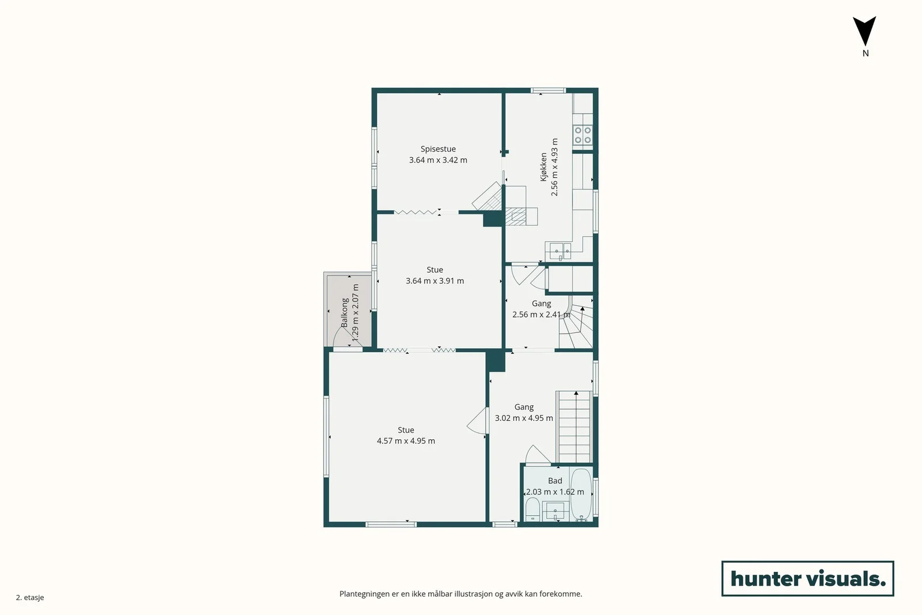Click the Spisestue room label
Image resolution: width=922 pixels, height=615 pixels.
[438, 149]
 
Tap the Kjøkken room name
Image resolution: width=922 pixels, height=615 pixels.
[544, 167]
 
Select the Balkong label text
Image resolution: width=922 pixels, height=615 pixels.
[345, 313]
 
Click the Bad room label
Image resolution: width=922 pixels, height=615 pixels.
[555, 480]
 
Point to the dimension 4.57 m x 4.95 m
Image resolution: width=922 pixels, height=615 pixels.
[406, 441]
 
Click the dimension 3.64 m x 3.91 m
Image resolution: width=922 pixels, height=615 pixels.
[434, 281]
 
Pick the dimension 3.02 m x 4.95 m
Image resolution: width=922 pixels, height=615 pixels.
[524, 418]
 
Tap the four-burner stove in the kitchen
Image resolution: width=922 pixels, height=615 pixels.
[583, 135]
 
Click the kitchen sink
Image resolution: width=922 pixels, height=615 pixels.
[560, 250]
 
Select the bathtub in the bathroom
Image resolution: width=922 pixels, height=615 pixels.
[581, 495]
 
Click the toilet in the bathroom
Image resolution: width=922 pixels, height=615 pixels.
[532, 510]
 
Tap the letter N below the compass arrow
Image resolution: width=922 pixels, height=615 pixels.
[866, 53]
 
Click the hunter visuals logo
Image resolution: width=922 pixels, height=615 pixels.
[807, 578]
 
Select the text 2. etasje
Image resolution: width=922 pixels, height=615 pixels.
[30, 597]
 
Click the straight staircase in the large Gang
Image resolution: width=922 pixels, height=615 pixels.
[574, 427]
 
